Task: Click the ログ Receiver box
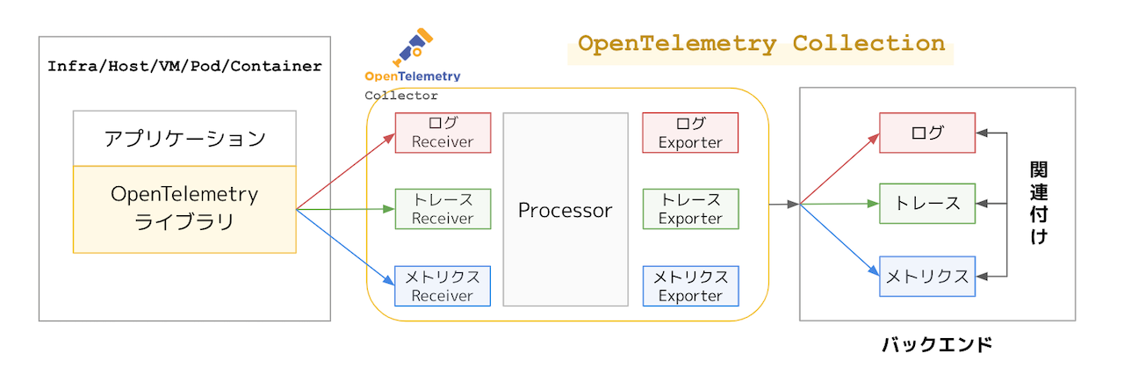point(443,133)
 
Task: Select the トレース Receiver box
point(443,209)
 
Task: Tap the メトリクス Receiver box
point(443,286)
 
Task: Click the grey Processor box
point(565,210)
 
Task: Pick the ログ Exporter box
point(690,133)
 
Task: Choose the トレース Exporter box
point(690,209)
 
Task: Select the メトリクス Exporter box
point(690,286)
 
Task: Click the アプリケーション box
point(184,139)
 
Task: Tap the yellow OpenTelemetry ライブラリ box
point(184,209)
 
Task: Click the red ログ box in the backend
point(927,133)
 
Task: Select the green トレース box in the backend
point(927,204)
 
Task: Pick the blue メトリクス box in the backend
point(927,277)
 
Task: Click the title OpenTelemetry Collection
point(761,44)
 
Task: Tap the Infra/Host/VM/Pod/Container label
point(184,66)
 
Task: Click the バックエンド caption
point(937,345)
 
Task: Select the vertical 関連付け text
point(1039,203)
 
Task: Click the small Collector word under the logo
point(401,96)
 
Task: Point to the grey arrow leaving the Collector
point(783,205)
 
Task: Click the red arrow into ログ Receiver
point(347,170)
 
